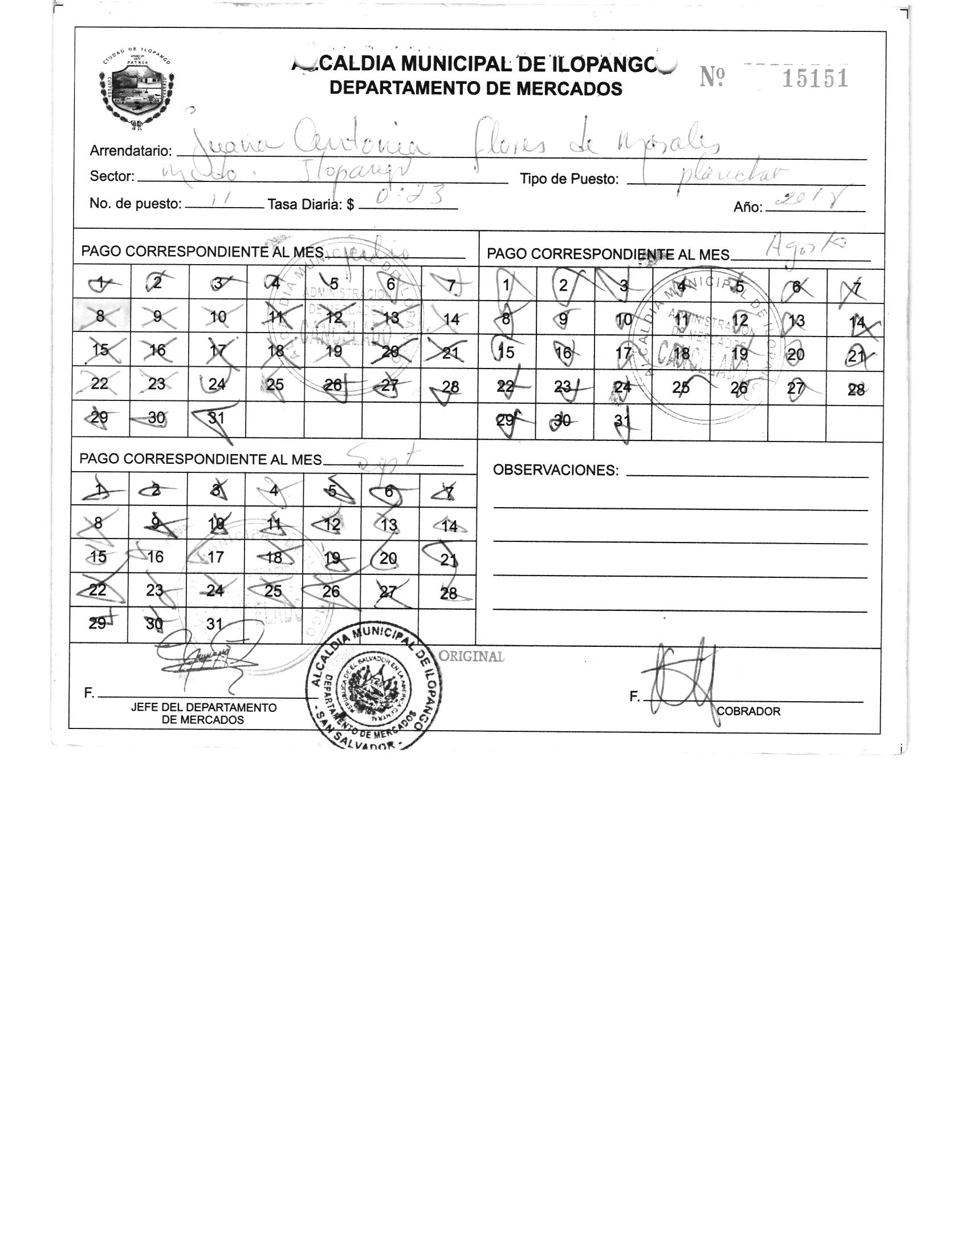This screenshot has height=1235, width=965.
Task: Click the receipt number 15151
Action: [x=815, y=78]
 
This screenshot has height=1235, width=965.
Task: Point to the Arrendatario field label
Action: [x=131, y=151]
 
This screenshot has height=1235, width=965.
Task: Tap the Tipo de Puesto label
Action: [x=569, y=179]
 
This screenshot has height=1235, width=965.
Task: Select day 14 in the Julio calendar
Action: [x=450, y=319]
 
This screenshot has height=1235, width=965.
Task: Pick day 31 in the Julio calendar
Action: [x=216, y=418]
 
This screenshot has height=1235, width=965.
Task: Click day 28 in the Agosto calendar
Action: [x=855, y=389]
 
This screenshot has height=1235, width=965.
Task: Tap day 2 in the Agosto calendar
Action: [x=563, y=285]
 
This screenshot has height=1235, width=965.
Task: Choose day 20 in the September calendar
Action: [x=388, y=558]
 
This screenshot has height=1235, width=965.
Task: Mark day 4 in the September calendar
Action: [x=274, y=491]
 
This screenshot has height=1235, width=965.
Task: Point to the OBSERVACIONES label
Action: [x=555, y=470]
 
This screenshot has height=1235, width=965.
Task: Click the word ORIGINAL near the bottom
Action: [x=472, y=657]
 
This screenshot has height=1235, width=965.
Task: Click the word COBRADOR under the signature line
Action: [x=748, y=711]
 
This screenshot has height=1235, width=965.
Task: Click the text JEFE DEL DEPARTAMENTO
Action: [x=203, y=707]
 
